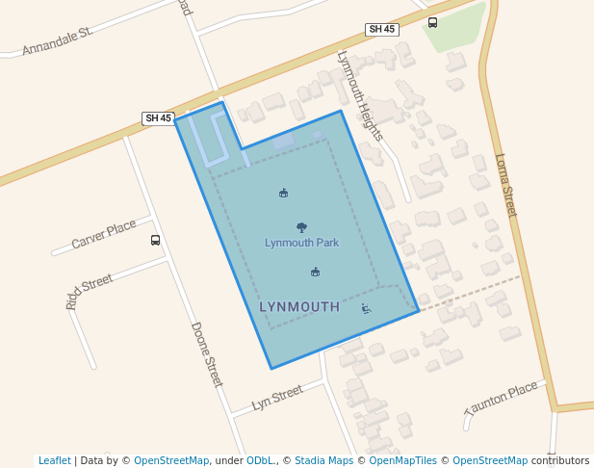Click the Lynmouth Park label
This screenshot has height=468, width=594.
(x=301, y=243)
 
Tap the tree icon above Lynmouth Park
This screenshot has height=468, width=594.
(x=301, y=227)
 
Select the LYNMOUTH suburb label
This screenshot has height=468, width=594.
(x=299, y=307)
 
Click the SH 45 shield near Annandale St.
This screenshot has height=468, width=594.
(x=158, y=118)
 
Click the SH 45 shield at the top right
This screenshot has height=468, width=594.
(x=382, y=30)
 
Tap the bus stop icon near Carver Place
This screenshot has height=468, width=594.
(x=156, y=240)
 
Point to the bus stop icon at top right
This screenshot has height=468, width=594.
(x=432, y=23)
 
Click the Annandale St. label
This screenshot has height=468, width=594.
(x=57, y=40)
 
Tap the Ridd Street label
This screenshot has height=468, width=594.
(x=89, y=291)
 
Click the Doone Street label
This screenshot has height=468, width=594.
(x=206, y=354)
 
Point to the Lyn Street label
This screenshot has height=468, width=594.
(x=276, y=397)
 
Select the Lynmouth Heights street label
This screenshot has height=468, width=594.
(x=360, y=94)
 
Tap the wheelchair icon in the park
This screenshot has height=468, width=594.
(x=366, y=308)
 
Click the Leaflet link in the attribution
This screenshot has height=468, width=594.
(x=54, y=460)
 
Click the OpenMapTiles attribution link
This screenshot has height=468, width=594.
(x=400, y=460)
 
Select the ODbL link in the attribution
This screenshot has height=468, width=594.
(x=259, y=460)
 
